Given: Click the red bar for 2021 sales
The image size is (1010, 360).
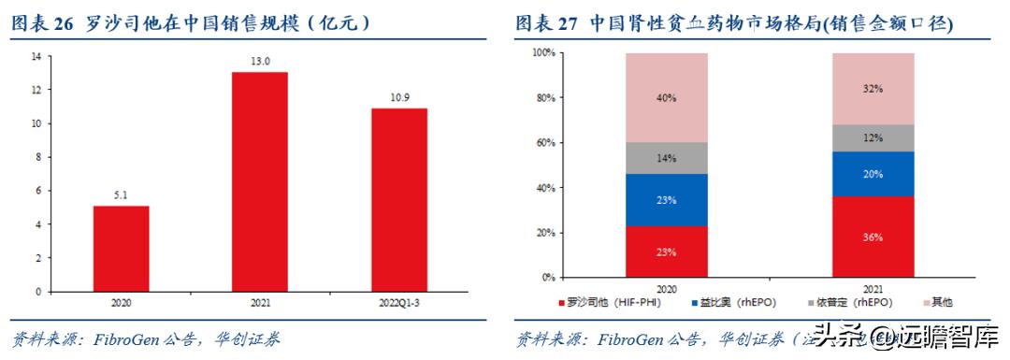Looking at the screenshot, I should coord(260,181).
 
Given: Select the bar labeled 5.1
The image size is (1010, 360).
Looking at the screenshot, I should coord(121,248).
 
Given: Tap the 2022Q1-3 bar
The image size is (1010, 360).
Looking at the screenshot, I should coord(399,199).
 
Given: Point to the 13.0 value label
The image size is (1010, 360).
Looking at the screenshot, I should coord(260,62).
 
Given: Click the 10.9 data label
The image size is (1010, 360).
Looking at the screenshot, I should coord(399,97).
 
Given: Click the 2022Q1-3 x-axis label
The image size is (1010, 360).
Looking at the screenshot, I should coord(399,303).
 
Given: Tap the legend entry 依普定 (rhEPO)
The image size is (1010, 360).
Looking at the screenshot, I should coord(842,302).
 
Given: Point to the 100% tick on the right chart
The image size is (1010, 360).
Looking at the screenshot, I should coord(544,53).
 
